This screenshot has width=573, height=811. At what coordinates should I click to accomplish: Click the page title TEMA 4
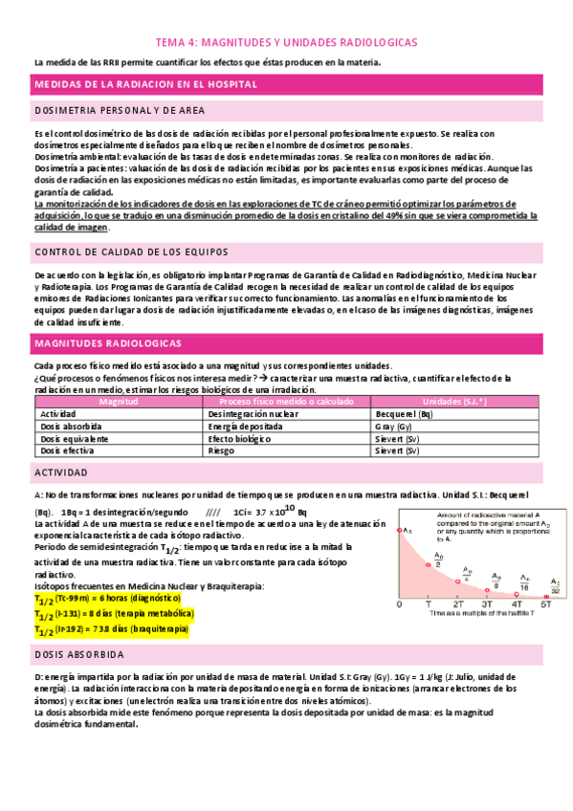pos(286,44)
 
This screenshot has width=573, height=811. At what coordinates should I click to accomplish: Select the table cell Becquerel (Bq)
pos(404,414)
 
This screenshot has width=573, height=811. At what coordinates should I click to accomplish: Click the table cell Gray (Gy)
pos(393,427)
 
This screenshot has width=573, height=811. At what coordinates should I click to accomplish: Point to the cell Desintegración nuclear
pos(250,414)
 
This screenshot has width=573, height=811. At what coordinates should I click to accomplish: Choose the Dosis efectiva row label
pos(67,449)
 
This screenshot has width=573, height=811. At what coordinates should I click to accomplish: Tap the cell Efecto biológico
pos(239,438)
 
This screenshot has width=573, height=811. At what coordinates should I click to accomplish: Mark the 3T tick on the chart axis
pos(486,604)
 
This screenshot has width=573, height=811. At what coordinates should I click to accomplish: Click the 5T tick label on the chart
pos(546,604)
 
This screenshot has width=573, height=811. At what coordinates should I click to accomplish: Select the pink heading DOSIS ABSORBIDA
pos(79,656)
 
